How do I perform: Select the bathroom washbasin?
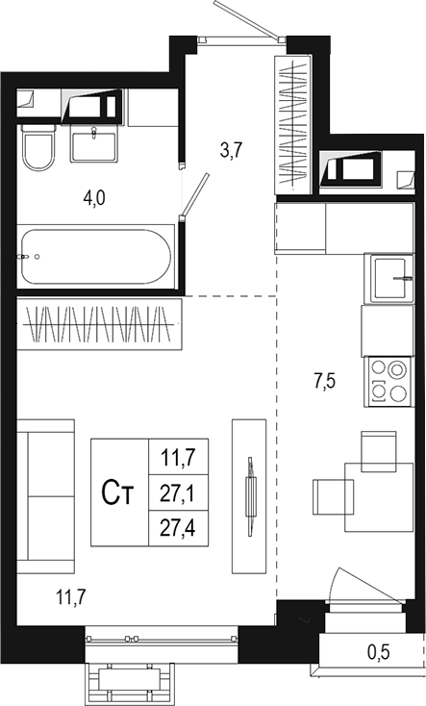click(x=94, y=144)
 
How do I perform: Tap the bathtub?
click(x=95, y=256)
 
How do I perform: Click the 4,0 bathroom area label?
click(x=92, y=198)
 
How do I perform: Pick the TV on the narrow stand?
click(x=251, y=497)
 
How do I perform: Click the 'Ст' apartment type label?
click(x=118, y=493)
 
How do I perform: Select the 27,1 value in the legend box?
click(x=175, y=494)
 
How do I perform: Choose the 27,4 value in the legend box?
click(x=175, y=528)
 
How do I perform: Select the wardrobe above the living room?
click(x=100, y=324)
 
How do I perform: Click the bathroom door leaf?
click(x=196, y=198)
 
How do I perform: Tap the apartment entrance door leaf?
click(x=244, y=19)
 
